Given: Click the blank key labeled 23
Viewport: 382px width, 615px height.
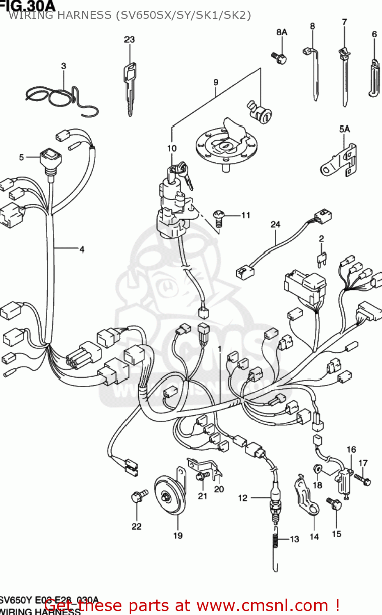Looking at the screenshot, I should tap(130, 88).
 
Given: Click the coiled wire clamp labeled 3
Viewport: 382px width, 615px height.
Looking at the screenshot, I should tap(62, 98).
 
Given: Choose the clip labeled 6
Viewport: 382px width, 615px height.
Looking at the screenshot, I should tap(374, 78).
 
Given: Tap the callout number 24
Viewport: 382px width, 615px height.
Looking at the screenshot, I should tap(275, 224).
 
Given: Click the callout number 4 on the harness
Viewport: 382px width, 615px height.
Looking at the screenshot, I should tap(82, 249).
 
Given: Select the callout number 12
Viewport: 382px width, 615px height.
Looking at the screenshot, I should tap(242, 498).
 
